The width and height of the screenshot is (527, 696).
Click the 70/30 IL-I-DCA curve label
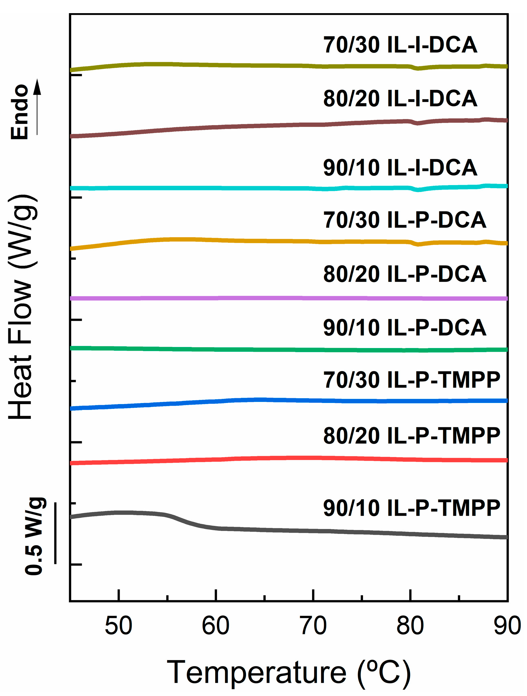(x=400, y=45)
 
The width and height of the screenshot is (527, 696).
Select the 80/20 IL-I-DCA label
(x=400, y=99)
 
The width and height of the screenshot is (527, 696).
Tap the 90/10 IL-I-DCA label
(x=400, y=168)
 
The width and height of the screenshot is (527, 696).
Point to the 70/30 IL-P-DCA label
(x=405, y=220)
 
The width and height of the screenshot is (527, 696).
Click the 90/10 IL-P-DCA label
(x=405, y=328)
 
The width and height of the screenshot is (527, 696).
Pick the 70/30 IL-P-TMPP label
(x=411, y=380)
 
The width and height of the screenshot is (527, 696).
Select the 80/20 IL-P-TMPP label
(x=411, y=436)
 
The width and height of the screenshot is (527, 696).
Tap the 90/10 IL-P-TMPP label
(x=411, y=508)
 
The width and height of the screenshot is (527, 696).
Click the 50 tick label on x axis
(x=119, y=626)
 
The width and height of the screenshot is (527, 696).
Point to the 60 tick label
(x=216, y=626)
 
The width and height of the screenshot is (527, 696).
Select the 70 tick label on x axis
(x=313, y=626)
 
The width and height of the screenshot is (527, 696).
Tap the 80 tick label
(x=410, y=626)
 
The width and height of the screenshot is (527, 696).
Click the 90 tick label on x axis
(x=507, y=626)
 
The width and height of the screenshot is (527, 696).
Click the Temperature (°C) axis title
(x=289, y=672)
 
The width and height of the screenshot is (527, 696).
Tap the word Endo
(x=19, y=112)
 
